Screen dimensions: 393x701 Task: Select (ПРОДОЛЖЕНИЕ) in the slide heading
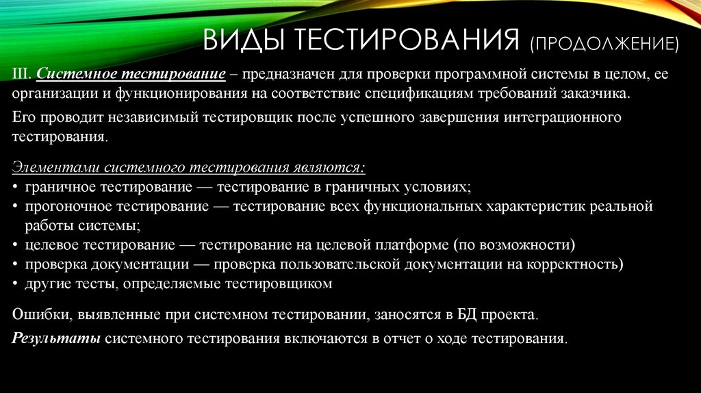click(603, 45)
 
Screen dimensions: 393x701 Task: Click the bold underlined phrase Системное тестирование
click(131, 73)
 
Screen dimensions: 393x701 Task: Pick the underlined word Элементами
click(50, 167)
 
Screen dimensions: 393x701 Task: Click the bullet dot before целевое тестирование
click(16, 245)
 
